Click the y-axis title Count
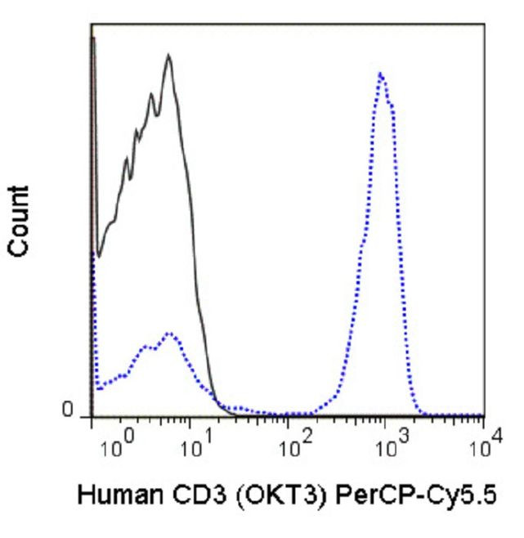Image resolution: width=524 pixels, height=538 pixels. pos(21,222)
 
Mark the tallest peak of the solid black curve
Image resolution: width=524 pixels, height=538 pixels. pos(168,56)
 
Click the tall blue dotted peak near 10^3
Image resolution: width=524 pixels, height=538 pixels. pos(381,74)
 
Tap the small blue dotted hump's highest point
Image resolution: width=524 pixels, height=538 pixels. pos(169,333)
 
